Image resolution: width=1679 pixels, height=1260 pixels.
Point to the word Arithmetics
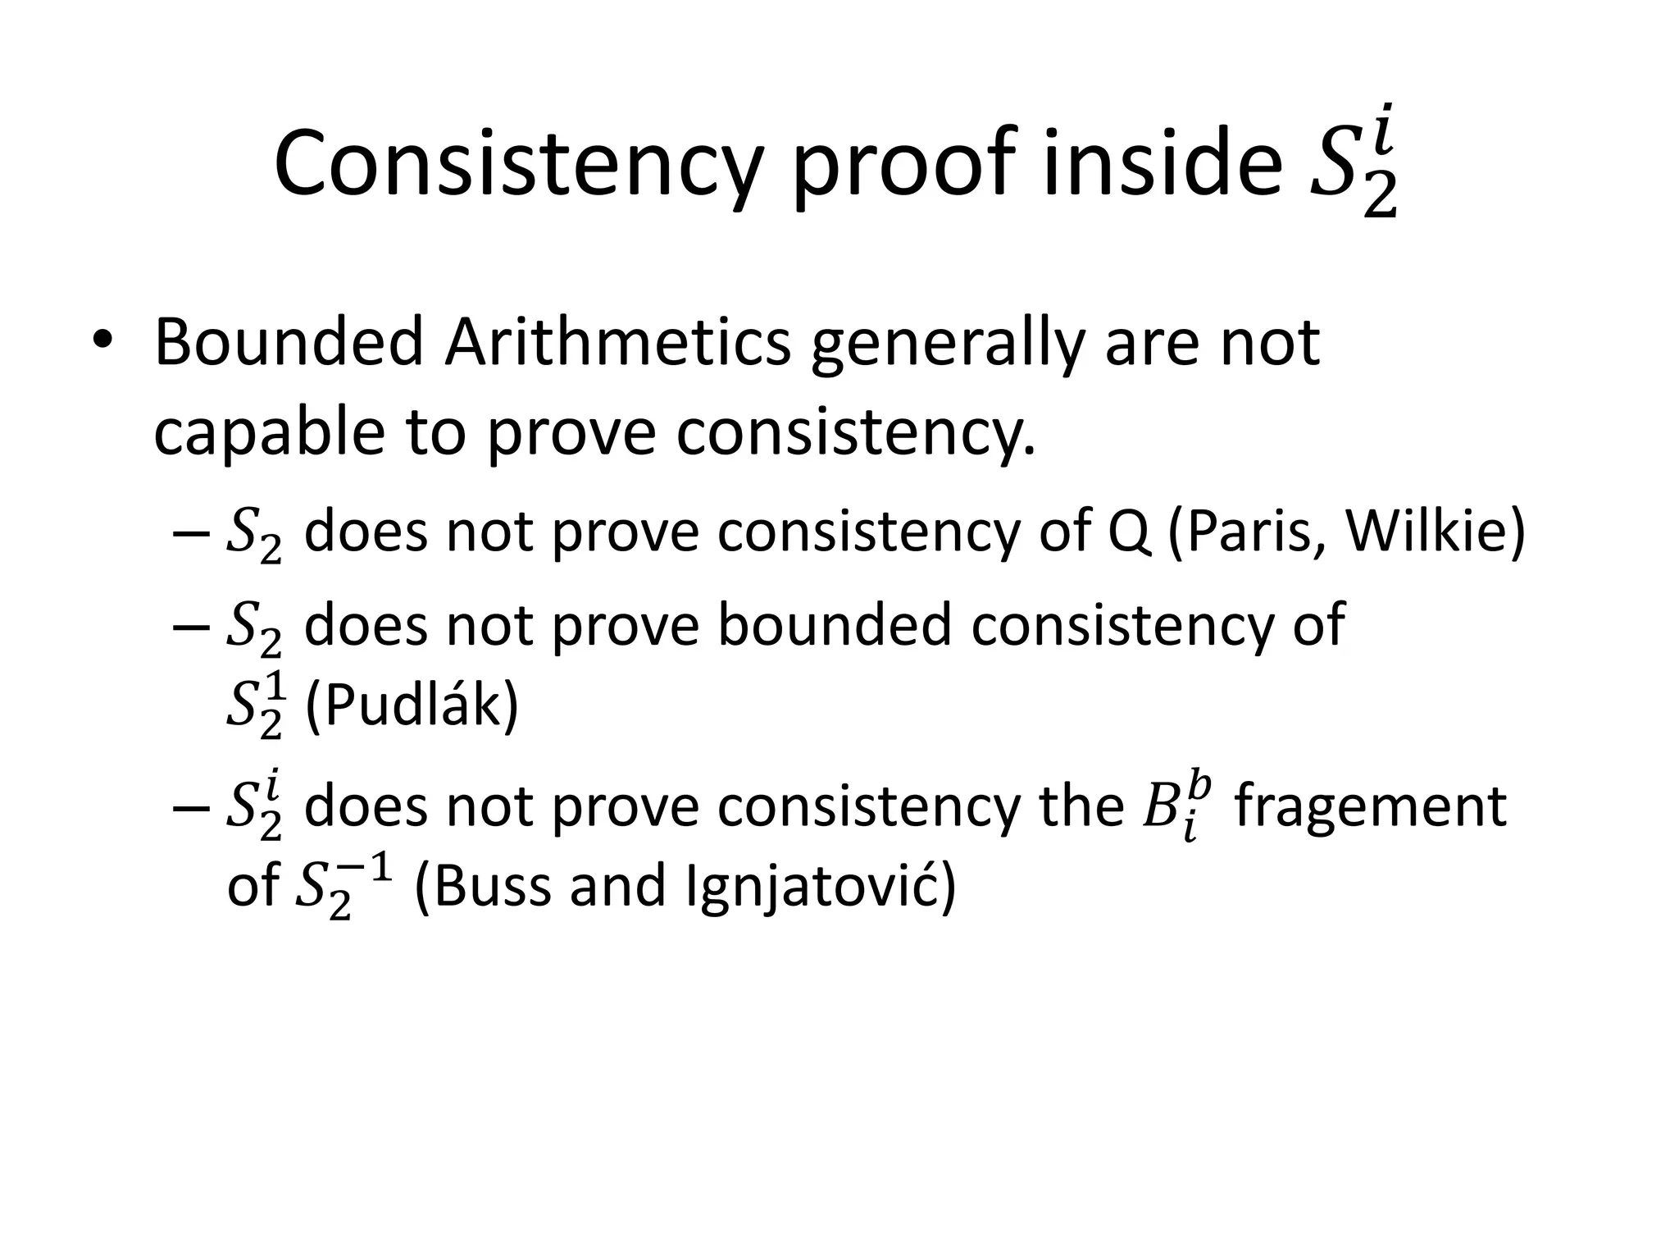(618, 343)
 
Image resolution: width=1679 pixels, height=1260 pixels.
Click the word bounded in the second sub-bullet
(833, 625)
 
